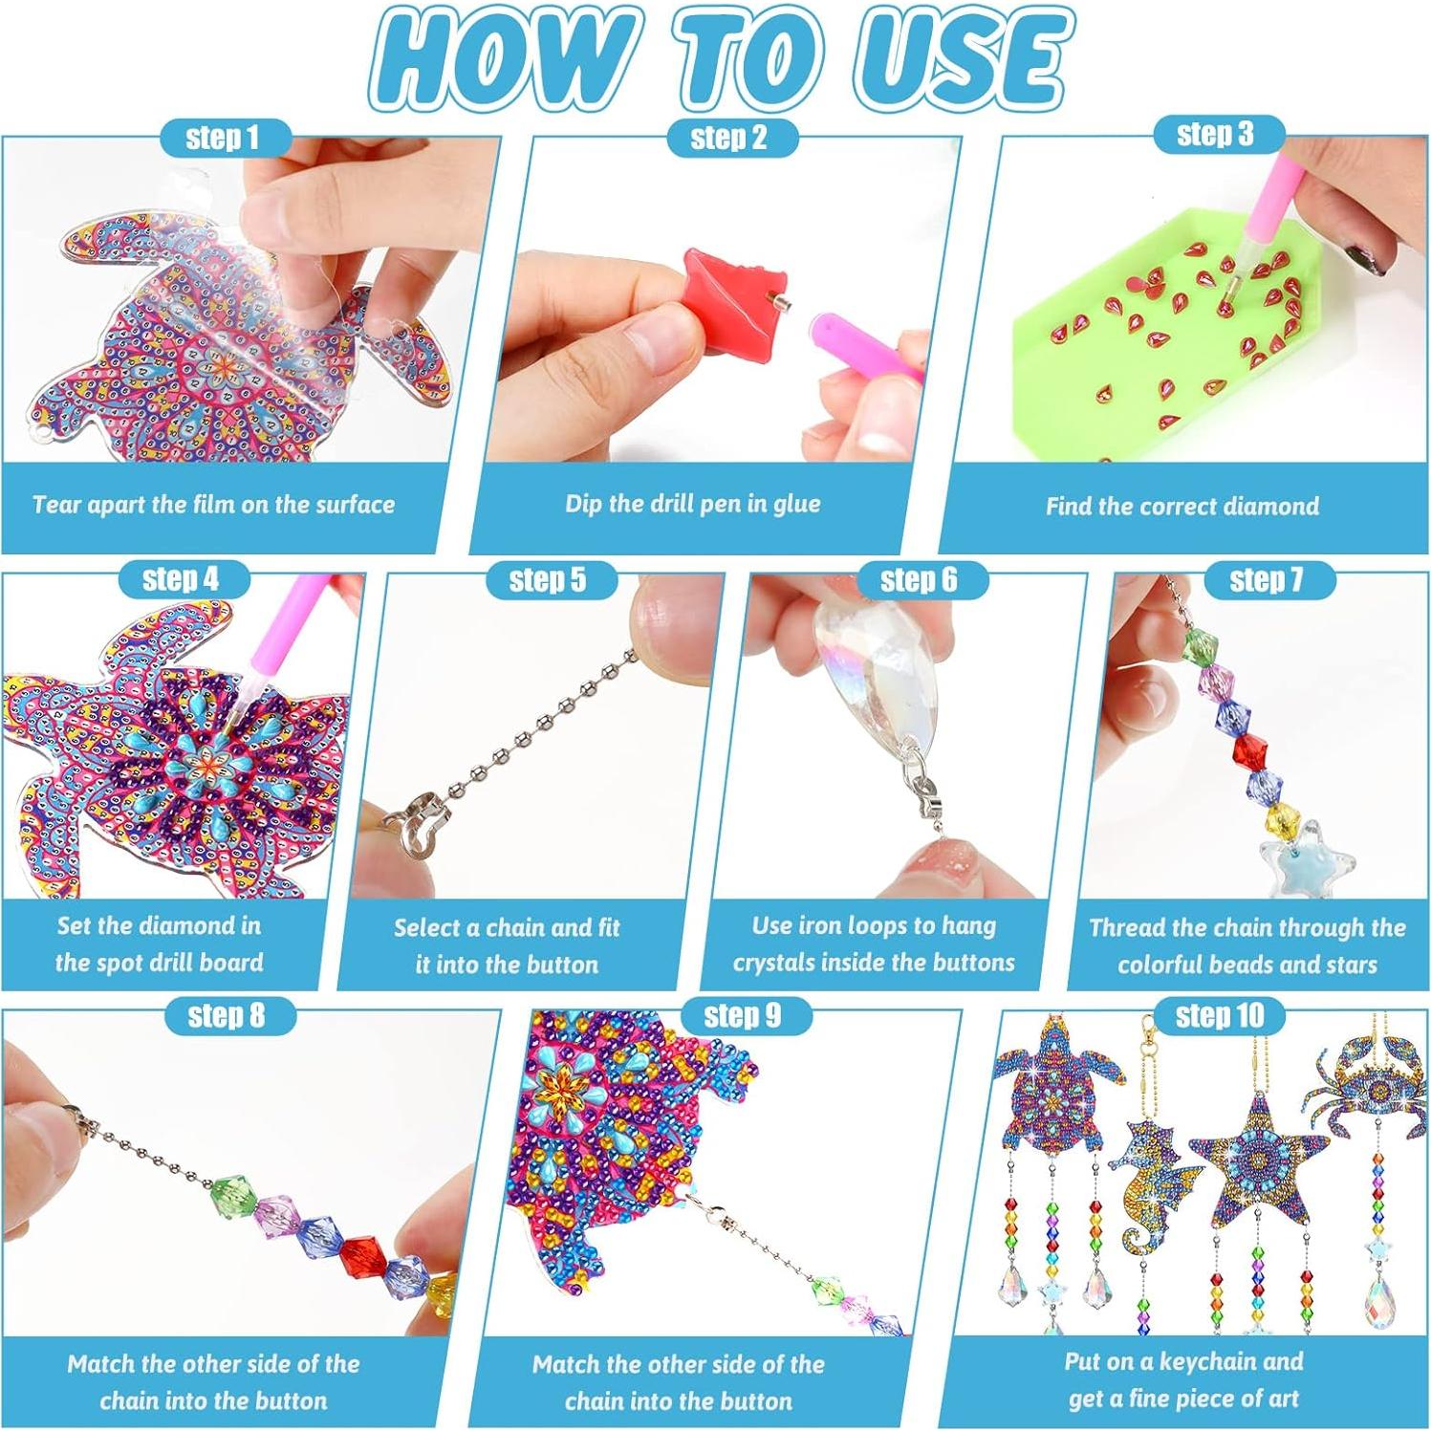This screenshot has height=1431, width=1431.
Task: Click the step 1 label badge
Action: click(x=223, y=138)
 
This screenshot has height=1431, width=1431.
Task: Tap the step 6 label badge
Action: click(x=919, y=579)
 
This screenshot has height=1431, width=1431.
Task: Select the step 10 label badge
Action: click(x=1219, y=1015)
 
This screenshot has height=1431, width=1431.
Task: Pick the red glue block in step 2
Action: click(x=739, y=298)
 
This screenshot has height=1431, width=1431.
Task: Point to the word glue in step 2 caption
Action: click(x=795, y=505)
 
